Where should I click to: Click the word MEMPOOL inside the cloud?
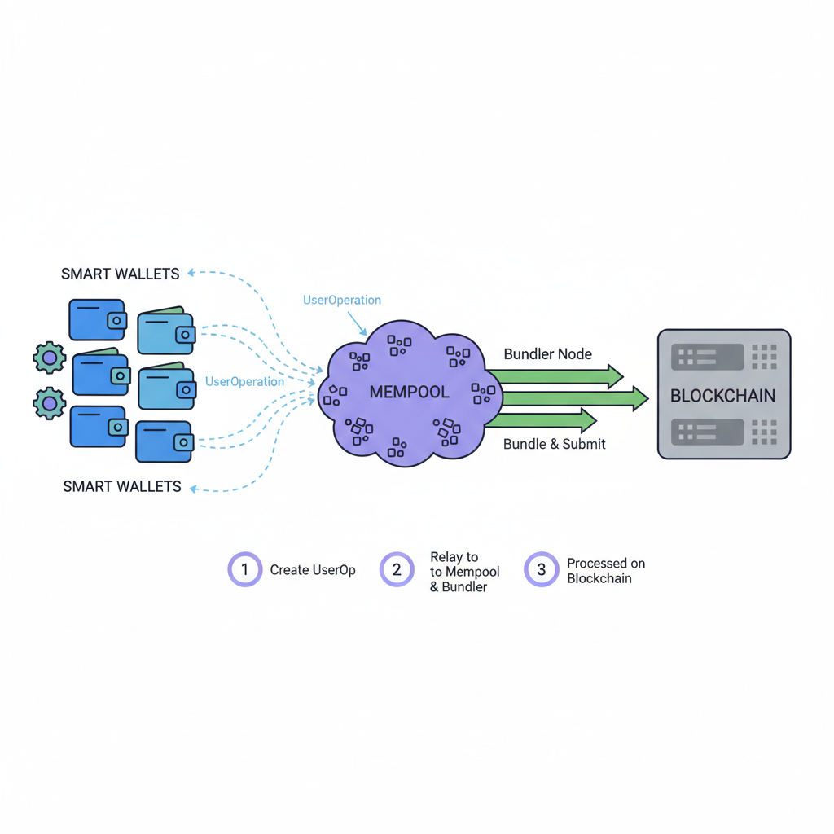pos(409,392)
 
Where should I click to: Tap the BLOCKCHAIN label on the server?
pos(722,396)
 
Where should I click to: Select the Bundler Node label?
pos(547,354)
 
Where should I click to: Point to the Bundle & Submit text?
pos(554,444)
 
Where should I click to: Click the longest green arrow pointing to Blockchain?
pos(570,398)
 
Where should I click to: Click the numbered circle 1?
pos(244,569)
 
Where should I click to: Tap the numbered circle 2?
pos(397,569)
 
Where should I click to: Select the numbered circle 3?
pos(541,569)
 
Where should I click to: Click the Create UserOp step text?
pos(313,570)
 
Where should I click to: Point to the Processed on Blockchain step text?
pos(606,570)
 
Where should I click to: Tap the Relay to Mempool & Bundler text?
pos(464,572)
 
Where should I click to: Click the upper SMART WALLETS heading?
pos(120,274)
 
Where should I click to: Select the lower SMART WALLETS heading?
pos(122,486)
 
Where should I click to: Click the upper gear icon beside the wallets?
pos(49,358)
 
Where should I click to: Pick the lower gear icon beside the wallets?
pos(49,403)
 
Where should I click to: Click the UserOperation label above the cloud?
pos(341,300)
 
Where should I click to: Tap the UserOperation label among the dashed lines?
pos(244,381)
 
